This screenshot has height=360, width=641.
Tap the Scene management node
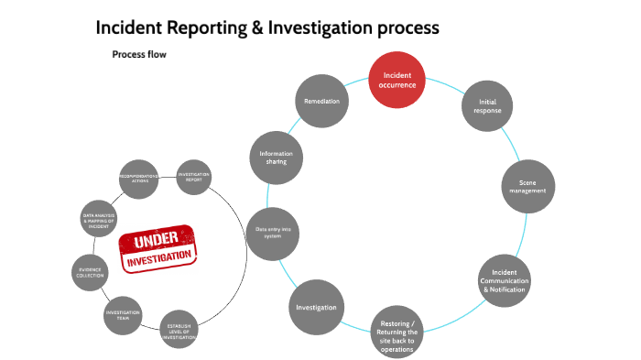526,187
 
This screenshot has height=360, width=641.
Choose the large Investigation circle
316,307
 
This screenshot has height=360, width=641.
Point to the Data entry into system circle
275,233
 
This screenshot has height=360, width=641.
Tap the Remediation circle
322,99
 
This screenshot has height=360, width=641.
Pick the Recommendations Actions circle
139,178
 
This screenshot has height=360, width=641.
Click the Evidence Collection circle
91,271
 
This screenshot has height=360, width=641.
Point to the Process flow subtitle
139,54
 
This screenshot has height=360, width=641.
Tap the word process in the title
409,27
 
